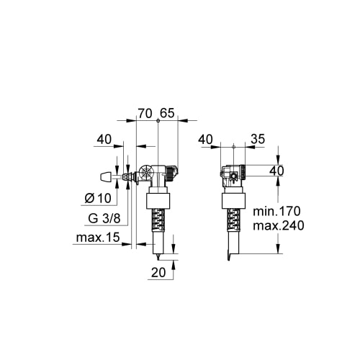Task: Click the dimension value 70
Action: tap(145, 113)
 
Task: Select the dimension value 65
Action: tap(167, 113)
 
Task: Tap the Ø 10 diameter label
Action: tap(98, 198)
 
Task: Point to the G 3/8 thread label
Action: tap(104, 218)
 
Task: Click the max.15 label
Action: tap(98, 238)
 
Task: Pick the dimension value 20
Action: tap(158, 272)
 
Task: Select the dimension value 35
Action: tap(258, 139)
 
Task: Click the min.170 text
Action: tap(276, 211)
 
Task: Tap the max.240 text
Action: tap(279, 225)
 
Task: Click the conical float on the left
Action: tap(106, 177)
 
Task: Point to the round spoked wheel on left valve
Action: tap(146, 174)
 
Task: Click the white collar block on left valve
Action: tap(158, 201)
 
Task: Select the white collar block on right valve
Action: tap(233, 201)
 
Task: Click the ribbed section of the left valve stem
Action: tap(158, 220)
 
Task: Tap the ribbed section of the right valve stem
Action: tap(233, 220)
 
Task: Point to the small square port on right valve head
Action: tap(233, 176)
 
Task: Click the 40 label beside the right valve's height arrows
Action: tap(276, 171)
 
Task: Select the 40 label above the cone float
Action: tap(104, 139)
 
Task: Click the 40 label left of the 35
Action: tap(206, 139)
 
